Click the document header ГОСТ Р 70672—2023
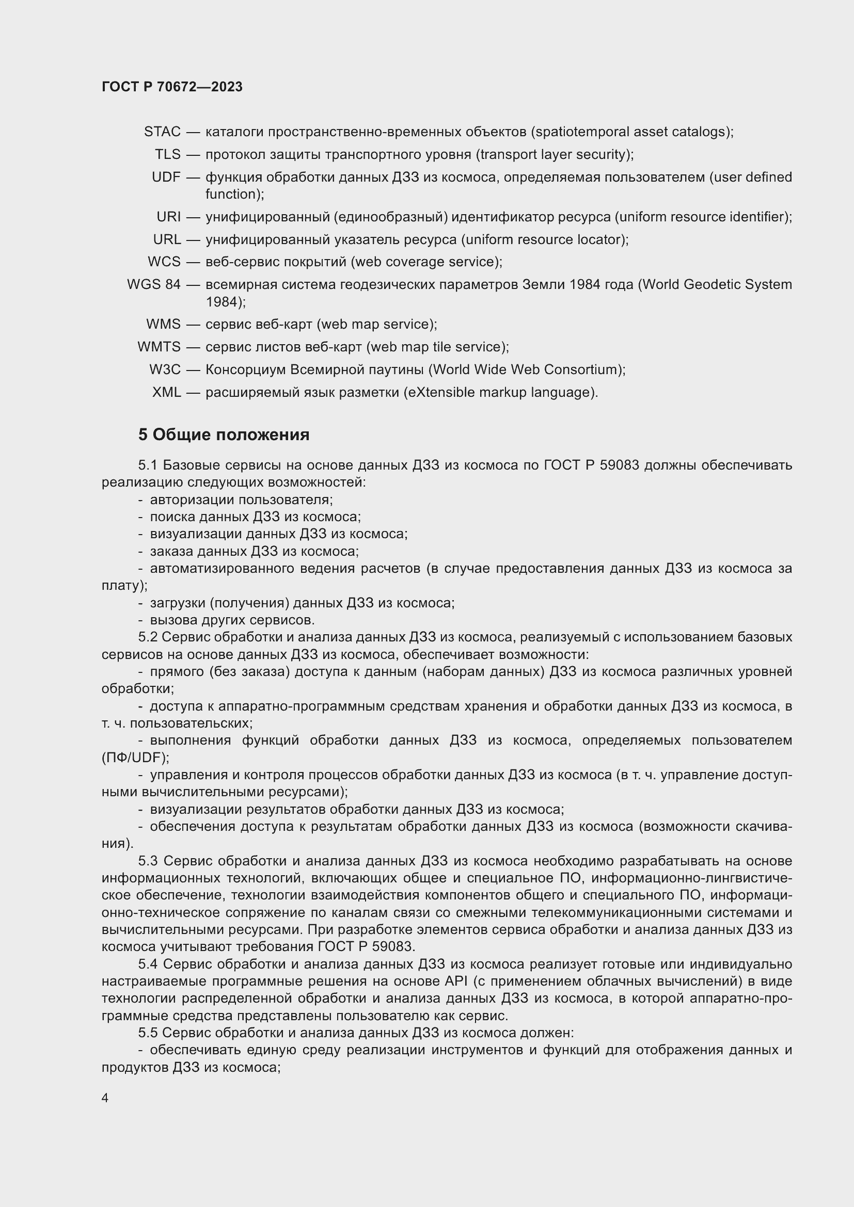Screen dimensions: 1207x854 pyautogui.click(x=172, y=87)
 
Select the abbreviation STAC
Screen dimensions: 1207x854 pyautogui.click(x=162, y=132)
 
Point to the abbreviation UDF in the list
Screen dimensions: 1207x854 pyautogui.click(x=166, y=177)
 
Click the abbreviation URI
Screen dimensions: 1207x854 pyautogui.click(x=168, y=217)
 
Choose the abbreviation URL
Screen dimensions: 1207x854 pyautogui.click(x=167, y=239)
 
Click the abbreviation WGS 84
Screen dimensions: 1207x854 pyautogui.click(x=153, y=284)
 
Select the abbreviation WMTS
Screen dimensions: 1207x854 pyautogui.click(x=159, y=347)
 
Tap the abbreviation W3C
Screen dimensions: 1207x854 pyautogui.click(x=165, y=369)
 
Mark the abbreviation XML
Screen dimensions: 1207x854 pyautogui.click(x=166, y=392)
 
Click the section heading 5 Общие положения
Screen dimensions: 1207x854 pyautogui.click(x=224, y=434)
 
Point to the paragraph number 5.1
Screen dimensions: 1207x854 pyautogui.click(x=148, y=465)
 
